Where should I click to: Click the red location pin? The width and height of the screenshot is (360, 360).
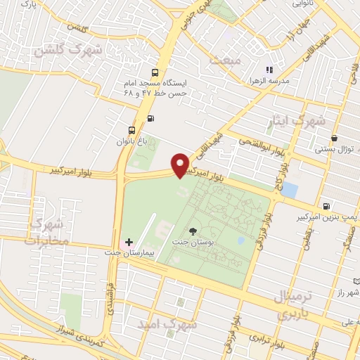(181, 165)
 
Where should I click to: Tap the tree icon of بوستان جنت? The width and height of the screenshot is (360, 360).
(193, 230)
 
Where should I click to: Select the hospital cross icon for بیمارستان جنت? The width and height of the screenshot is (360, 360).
(129, 242)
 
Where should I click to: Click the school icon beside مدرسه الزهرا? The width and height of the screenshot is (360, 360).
(268, 70)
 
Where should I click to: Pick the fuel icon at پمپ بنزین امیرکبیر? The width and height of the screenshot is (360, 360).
(326, 206)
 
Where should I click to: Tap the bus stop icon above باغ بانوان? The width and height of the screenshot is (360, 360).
(131, 130)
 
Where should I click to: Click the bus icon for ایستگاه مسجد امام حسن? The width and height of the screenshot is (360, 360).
(154, 72)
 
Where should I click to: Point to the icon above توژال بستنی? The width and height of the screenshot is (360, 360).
(333, 139)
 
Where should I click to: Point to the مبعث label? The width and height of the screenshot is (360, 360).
(225, 61)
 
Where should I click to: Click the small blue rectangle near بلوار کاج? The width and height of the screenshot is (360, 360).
(289, 190)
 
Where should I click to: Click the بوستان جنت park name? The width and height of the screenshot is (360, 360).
(194, 242)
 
